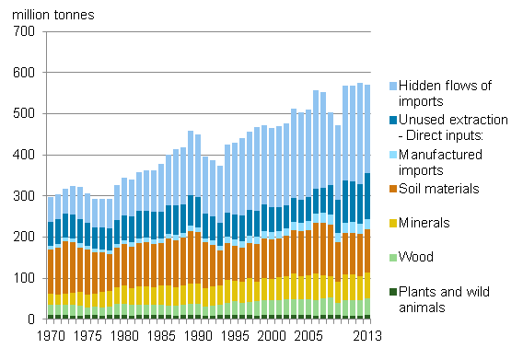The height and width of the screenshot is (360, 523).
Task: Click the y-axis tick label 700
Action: [24, 32]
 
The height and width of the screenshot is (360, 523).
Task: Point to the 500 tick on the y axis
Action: [24, 114]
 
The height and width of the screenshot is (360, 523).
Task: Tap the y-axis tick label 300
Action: [24, 196]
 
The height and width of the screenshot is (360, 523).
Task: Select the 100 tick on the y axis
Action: [24, 279]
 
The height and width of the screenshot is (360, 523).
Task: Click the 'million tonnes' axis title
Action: [53, 15]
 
